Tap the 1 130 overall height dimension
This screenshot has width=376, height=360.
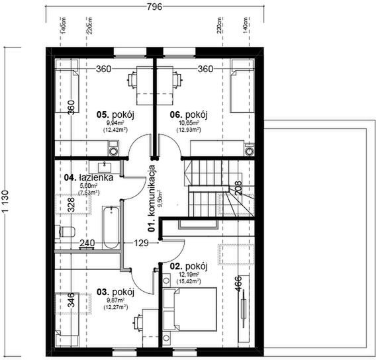click(x=6, y=199)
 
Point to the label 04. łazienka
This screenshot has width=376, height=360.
click(x=90, y=177)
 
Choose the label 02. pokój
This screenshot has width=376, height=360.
click(x=189, y=266)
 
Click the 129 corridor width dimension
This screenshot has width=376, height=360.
click(x=141, y=244)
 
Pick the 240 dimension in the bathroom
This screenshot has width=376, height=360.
click(x=87, y=244)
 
